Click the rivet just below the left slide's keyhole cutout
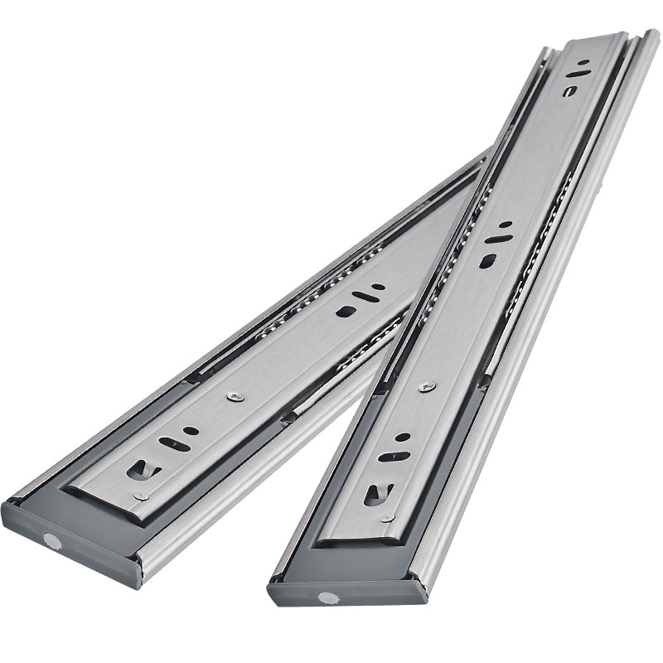click(142, 496)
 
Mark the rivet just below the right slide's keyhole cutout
click(385, 519)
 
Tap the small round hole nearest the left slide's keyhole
click(191, 431)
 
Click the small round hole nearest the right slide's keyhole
click(402, 437)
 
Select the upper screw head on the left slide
click(233, 396)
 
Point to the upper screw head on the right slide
click(426, 386)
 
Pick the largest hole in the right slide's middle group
click(486, 260)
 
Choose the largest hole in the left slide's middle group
click(341, 312)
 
